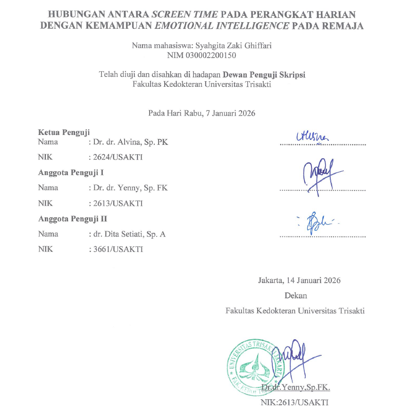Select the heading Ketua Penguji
64,133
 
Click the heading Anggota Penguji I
71,172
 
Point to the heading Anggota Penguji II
72,218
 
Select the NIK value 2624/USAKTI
117,157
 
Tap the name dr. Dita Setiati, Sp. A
129,234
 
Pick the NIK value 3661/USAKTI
117,249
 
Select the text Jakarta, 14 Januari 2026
299,280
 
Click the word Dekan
295,295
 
